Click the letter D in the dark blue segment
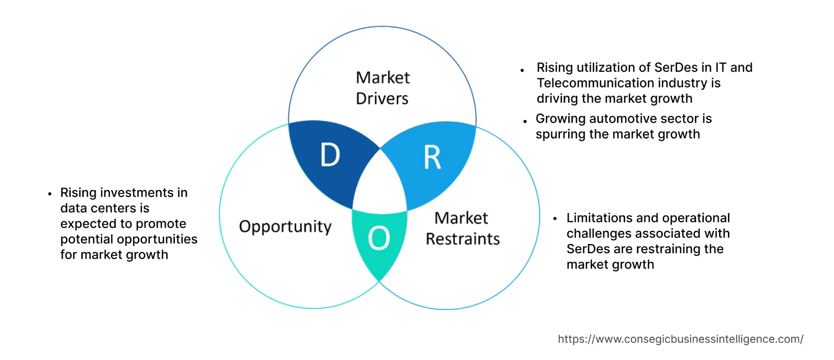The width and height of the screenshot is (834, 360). [x=330, y=155]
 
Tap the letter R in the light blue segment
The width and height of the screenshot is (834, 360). [x=433, y=158]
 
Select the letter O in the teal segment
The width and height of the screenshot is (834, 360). [x=379, y=238]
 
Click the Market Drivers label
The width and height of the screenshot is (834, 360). [x=382, y=88]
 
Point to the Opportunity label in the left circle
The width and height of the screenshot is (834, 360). [x=285, y=226]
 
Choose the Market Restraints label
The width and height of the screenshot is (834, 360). [x=462, y=228]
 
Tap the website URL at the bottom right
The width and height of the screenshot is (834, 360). [x=681, y=339]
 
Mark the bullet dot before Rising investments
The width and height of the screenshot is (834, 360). [x=50, y=194]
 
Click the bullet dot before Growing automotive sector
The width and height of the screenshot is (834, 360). [x=525, y=121]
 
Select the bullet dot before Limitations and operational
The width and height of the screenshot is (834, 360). [x=555, y=219]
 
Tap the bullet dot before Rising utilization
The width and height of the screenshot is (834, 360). [x=522, y=70]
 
